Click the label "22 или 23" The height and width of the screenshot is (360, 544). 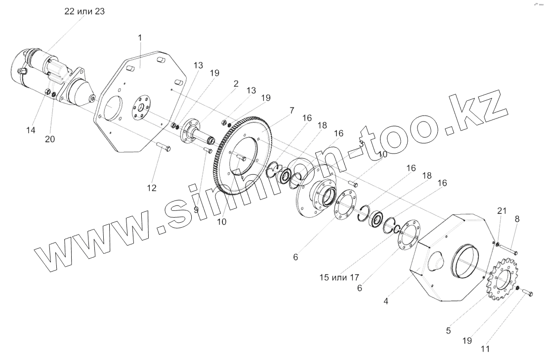point(84,12)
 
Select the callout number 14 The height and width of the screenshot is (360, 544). point(30,130)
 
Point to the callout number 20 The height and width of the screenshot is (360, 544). point(49,139)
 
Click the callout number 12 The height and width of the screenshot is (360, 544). point(151,188)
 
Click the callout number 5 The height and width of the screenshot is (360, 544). point(448,331)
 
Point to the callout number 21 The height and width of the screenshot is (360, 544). point(502,211)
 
